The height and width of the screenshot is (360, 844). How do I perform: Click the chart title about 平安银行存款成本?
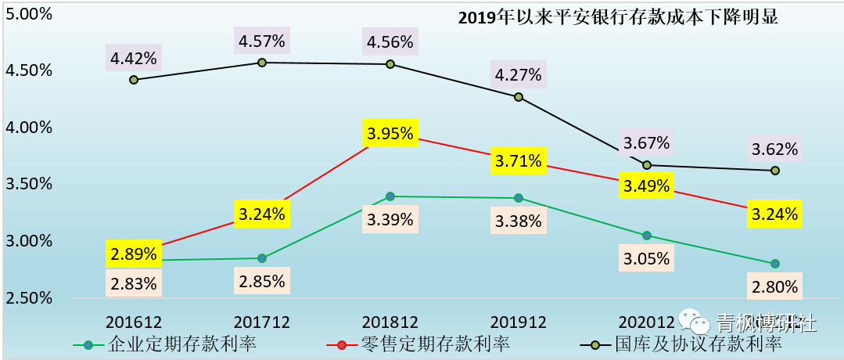point(618,18)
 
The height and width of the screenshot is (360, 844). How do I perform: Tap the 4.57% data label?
point(262,39)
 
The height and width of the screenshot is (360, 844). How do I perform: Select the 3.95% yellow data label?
point(390,134)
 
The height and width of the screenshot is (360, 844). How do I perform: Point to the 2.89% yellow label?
point(133,254)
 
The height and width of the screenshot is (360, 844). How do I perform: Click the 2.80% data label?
point(775,286)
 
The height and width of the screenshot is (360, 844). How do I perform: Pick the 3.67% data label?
point(647,143)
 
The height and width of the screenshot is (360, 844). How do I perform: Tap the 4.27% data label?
point(518,75)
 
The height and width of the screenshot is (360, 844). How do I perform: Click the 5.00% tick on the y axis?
point(29,14)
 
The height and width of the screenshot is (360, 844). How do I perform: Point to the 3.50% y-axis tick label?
point(29,185)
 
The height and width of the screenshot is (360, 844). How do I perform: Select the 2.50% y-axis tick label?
point(29,298)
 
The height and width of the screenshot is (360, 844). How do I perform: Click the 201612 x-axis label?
point(134,322)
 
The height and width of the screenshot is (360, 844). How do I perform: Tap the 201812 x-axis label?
point(390,322)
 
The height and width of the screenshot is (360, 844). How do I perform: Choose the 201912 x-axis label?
point(518,322)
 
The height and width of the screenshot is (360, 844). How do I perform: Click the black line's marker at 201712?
point(262,62)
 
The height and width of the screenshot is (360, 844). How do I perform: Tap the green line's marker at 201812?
point(390,196)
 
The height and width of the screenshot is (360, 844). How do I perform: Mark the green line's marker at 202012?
point(647,236)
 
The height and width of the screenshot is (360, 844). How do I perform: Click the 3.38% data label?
point(518,220)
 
